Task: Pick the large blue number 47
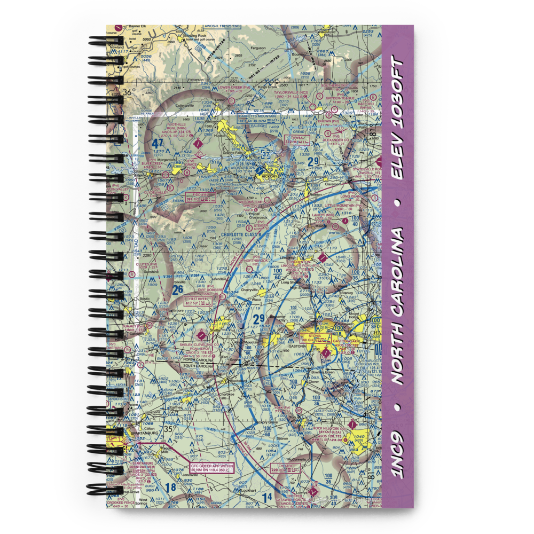pos(156,144)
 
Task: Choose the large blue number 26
pos(178,289)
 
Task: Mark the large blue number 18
pos(170,487)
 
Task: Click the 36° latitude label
pos(127,92)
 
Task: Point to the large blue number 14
pos(266,497)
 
